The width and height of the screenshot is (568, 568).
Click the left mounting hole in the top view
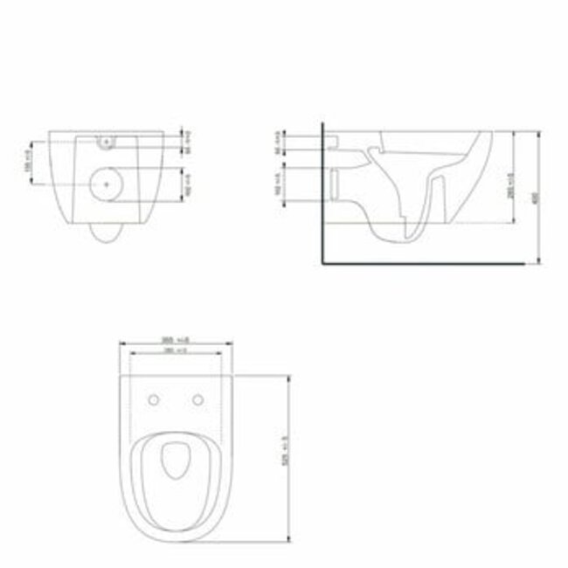click(x=154, y=400)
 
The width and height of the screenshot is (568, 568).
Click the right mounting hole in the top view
click(x=197, y=400)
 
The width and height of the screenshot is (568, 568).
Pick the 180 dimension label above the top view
click(x=176, y=350)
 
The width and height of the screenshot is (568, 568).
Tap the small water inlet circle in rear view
click(x=106, y=141)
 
